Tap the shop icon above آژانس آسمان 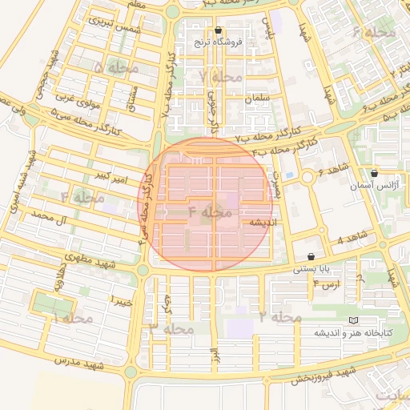tap(375, 173)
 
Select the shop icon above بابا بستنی tap(311, 257)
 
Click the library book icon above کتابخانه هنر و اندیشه tap(353, 321)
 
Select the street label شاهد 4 tap(350, 239)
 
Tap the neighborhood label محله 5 tap(116, 69)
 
